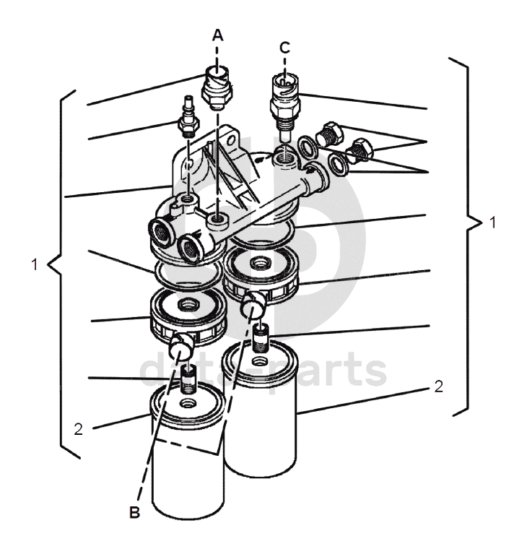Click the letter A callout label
point(217,35)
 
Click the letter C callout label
point(284,48)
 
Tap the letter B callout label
point(134,512)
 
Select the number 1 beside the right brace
point(492,222)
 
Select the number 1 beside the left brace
point(34,264)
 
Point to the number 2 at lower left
point(78,429)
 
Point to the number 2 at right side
point(438,386)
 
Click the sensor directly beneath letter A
point(217,88)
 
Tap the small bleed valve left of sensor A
point(187,117)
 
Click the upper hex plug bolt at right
point(328,134)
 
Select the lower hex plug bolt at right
point(360,150)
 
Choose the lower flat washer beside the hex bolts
point(338,164)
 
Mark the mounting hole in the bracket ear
point(232,139)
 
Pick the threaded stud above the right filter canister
point(261,338)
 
